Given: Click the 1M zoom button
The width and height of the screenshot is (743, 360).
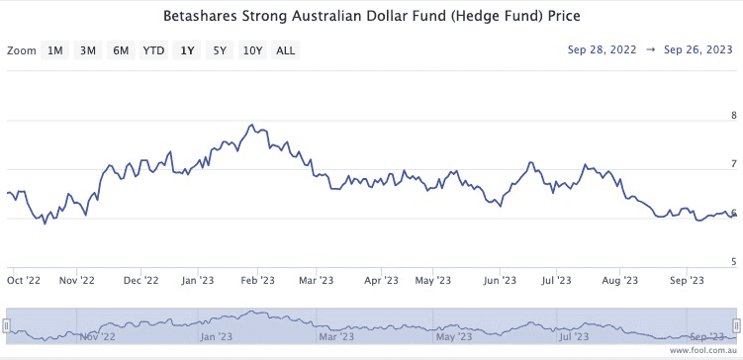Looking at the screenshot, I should [x=55, y=50].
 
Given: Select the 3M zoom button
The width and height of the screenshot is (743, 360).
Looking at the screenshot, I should [x=88, y=50].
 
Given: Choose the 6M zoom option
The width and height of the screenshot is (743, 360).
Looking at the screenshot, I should [x=121, y=50].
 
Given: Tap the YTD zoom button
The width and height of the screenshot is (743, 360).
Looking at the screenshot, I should [x=153, y=50].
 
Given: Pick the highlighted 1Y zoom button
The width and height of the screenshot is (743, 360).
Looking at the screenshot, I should [x=186, y=50].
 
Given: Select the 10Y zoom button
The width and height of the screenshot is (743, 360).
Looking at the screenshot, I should [x=252, y=50].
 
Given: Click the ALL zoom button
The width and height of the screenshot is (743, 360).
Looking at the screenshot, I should [x=285, y=50].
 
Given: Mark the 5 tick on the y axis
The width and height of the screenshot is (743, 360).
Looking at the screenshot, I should [x=732, y=262].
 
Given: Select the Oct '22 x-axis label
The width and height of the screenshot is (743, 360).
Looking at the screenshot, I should [x=24, y=281].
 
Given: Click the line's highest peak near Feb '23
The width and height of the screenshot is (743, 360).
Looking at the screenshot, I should [x=253, y=126].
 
